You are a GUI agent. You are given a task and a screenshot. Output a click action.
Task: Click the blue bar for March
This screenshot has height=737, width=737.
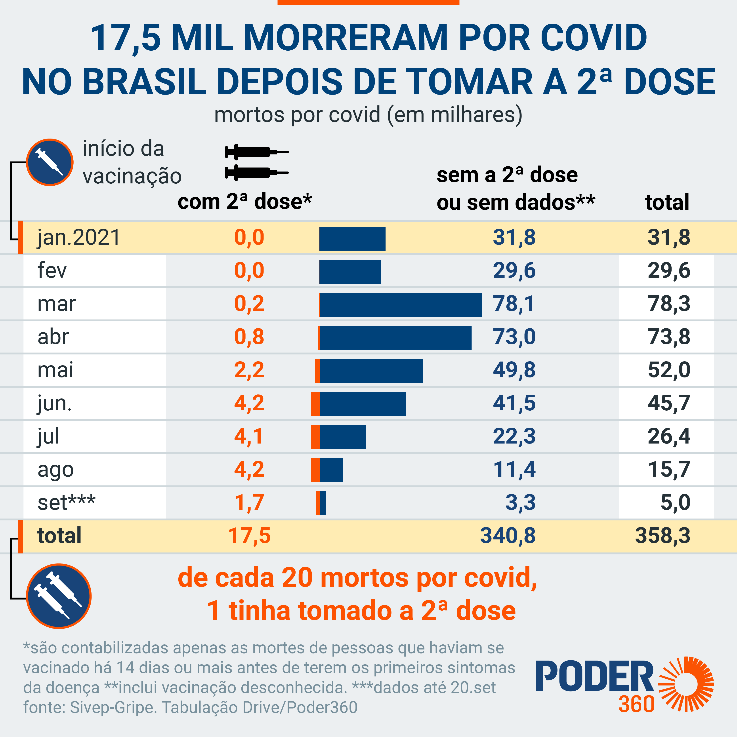coord(401,305)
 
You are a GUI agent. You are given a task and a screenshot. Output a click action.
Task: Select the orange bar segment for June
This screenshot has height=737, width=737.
coord(315,404)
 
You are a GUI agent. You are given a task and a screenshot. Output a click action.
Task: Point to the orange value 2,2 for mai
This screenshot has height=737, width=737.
coord(249,370)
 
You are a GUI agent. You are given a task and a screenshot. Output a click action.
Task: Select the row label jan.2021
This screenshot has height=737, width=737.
coord(79,237)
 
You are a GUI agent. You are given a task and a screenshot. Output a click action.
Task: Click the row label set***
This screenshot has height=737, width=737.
coord(66,502)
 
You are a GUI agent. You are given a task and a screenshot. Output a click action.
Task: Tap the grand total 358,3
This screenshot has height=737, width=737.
coord(663,536)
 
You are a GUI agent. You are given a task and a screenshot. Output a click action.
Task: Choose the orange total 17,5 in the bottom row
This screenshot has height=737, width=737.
coord(249,536)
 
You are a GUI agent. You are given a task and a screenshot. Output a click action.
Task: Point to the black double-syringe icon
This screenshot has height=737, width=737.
coord(256,162)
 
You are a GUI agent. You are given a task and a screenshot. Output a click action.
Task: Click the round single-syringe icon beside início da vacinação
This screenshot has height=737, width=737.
coord(50,162)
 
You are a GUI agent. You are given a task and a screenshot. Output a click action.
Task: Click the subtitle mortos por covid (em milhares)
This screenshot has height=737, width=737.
coord(368,114)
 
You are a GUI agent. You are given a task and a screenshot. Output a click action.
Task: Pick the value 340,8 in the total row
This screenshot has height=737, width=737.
coord(508,536)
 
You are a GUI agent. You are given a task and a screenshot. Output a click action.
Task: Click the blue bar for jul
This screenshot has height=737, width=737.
coord(342,437)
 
